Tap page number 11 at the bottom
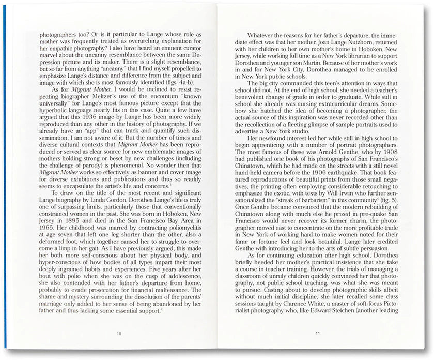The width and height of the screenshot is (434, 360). pos(317,334)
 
